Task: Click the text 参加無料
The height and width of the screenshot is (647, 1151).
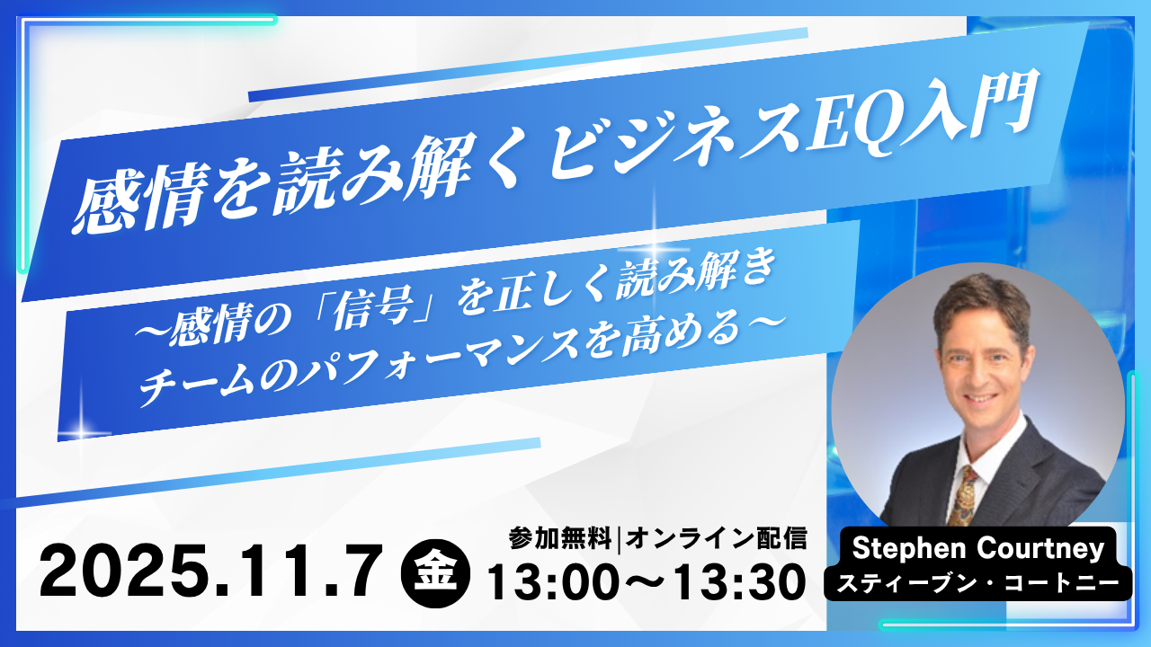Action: [561, 538]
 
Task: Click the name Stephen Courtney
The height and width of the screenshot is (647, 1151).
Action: [978, 548]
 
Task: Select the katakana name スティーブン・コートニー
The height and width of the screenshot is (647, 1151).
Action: [978, 583]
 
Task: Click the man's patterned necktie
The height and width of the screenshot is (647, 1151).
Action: [962, 496]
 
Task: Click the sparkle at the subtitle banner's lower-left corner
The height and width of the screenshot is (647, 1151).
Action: [80, 430]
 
